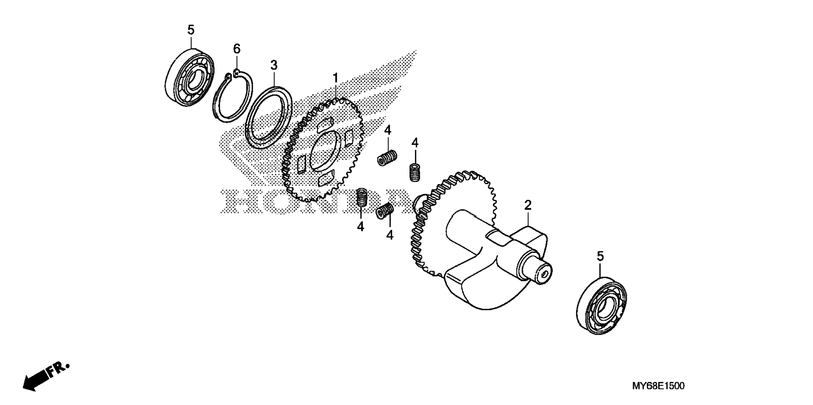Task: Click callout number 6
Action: [x=237, y=49]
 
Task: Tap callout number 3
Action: [x=274, y=65]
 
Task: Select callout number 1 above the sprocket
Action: [x=335, y=78]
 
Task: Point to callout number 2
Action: [x=528, y=205]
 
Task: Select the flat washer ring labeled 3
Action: [x=248, y=126]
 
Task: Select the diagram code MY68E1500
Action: [x=658, y=386]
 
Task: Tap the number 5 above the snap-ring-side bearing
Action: [x=191, y=30]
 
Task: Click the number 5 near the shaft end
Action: [x=600, y=256]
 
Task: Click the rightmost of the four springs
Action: [x=415, y=172]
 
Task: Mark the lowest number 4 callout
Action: [x=390, y=235]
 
